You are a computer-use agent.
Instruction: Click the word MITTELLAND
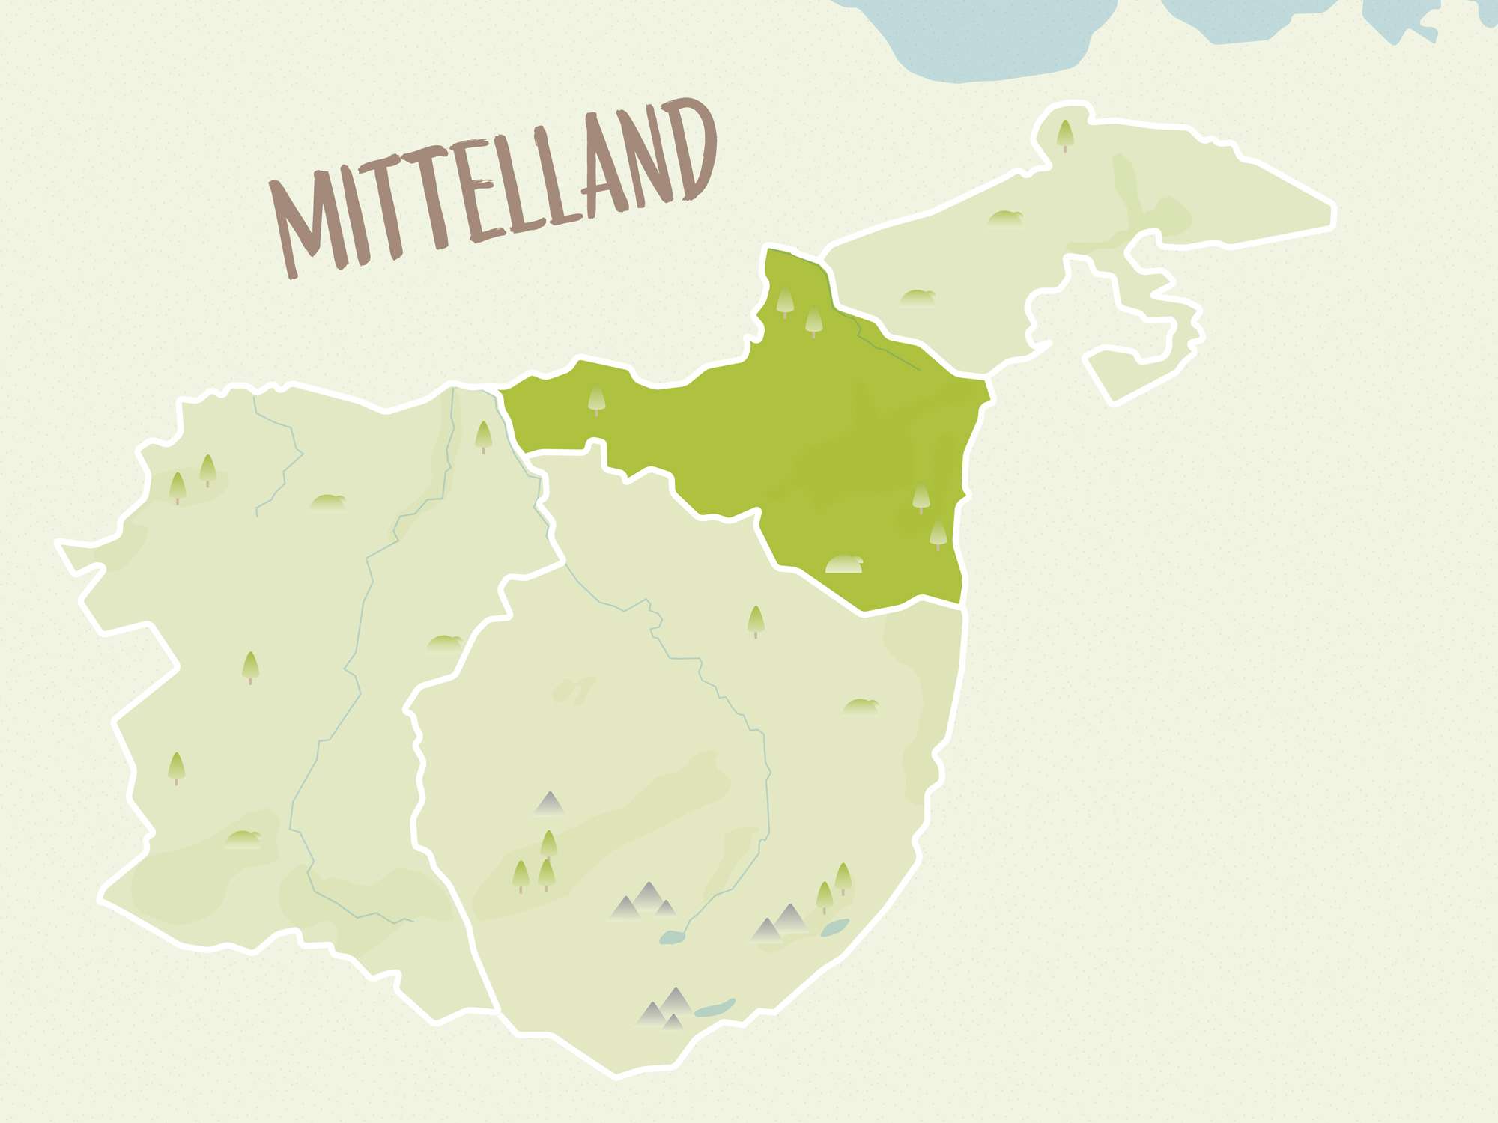(x=491, y=191)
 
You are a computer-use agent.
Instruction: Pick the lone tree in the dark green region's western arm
(x=597, y=401)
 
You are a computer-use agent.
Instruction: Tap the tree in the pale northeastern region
(x=1064, y=135)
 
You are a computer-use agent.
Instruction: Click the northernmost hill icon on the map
(x=1004, y=219)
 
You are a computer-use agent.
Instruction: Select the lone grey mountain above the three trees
(x=549, y=803)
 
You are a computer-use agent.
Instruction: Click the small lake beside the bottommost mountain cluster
(x=714, y=1008)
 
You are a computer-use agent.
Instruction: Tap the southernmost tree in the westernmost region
(x=176, y=768)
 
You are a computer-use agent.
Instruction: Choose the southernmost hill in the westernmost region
(x=243, y=839)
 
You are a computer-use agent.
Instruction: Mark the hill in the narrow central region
(x=445, y=642)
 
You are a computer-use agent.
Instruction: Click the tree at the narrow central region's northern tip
(x=483, y=436)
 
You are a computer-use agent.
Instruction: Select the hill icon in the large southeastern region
(x=860, y=706)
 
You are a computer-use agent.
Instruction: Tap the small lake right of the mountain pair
(x=834, y=928)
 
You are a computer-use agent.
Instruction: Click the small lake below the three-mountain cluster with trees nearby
(x=672, y=937)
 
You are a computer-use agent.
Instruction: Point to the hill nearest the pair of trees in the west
(x=327, y=502)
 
